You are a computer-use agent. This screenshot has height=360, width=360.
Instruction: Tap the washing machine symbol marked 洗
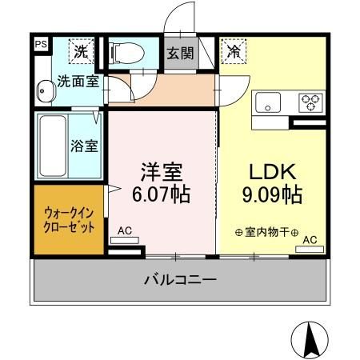[82, 51]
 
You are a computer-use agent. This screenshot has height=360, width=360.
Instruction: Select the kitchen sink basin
[266, 103]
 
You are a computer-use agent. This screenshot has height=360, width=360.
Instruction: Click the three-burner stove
[310, 102]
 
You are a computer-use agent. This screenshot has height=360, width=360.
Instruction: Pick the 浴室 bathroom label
[86, 146]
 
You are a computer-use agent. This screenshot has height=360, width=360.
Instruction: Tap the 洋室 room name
[162, 171]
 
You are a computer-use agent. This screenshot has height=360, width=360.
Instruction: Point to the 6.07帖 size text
[162, 194]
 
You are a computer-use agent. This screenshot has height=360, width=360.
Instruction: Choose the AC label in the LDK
[309, 239]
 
